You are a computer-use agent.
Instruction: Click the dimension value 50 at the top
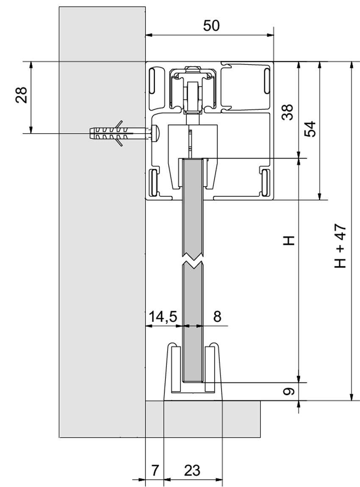(211, 26)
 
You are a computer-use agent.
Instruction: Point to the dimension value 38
(288, 113)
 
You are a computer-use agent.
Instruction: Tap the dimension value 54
(310, 129)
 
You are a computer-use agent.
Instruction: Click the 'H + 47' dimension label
(340, 246)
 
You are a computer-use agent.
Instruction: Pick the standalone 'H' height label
(288, 241)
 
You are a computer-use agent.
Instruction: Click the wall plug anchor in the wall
(110, 133)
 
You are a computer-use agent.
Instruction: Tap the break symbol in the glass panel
(193, 259)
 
